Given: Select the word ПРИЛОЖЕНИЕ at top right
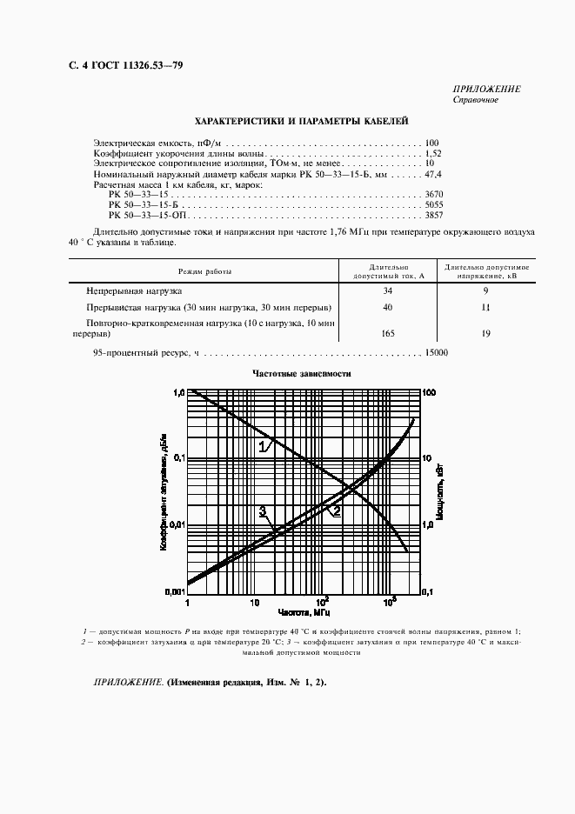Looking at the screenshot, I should [x=487, y=90].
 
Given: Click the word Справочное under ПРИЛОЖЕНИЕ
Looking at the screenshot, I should [x=476, y=100].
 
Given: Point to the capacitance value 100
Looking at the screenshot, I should [x=432, y=143].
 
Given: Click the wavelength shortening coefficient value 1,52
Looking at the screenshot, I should [x=432, y=152].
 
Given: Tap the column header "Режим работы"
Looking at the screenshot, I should [x=205, y=271].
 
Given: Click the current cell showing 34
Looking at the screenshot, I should [x=388, y=290].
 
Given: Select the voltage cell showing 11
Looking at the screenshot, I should [x=485, y=308].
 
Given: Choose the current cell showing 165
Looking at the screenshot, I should [x=388, y=333].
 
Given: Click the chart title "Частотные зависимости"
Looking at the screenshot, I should [x=301, y=373].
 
